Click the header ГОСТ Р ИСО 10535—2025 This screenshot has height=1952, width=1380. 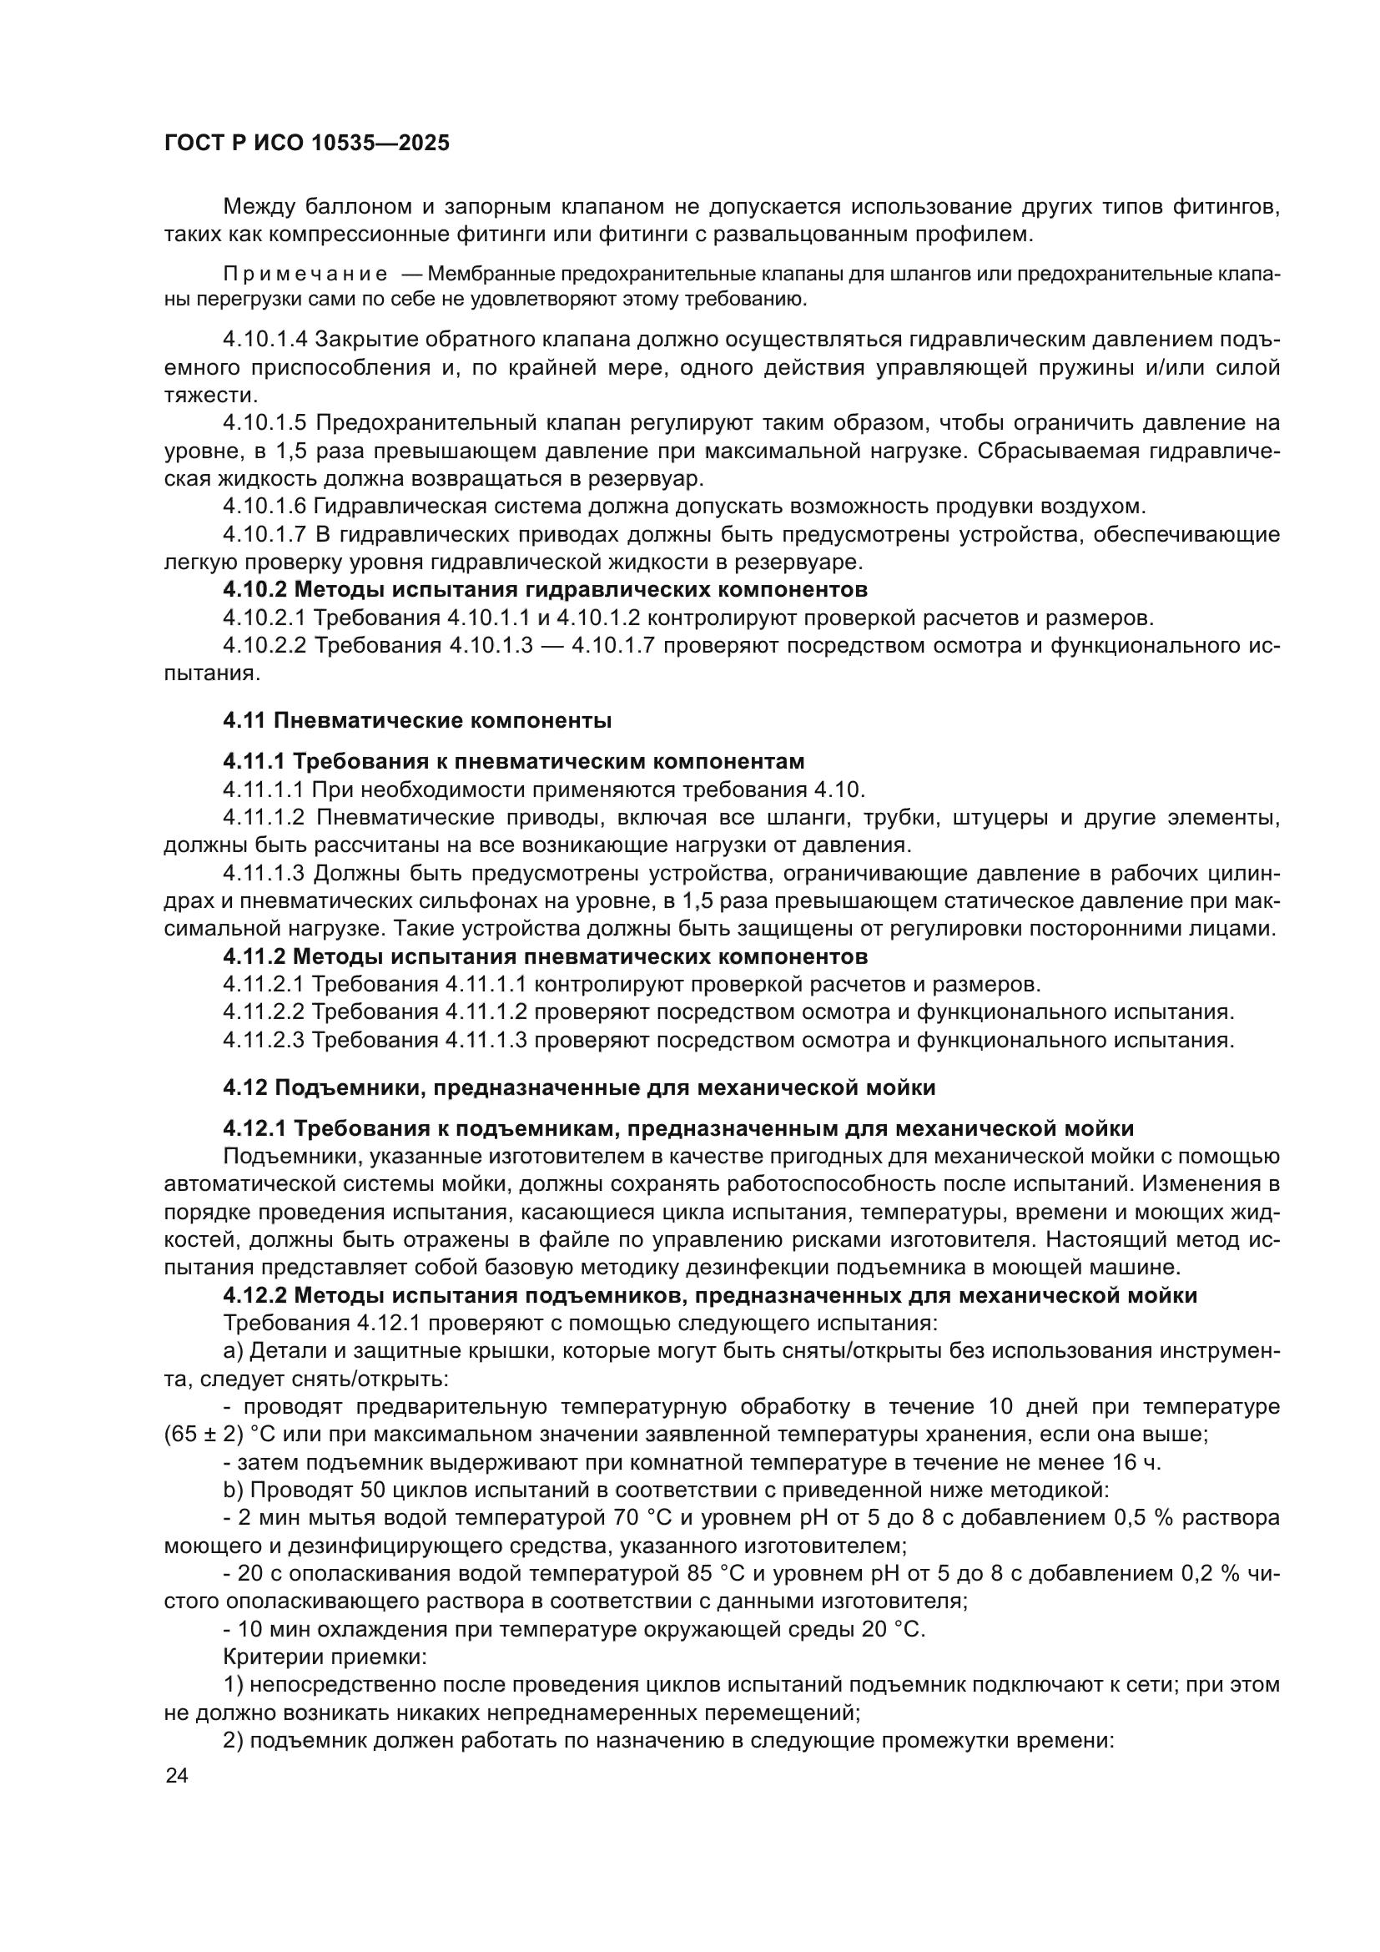(307, 144)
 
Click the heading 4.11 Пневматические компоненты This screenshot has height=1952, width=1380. (417, 721)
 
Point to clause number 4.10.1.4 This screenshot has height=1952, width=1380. (265, 340)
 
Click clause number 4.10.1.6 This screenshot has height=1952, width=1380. (265, 507)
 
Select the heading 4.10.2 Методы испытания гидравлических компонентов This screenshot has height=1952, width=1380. (545, 590)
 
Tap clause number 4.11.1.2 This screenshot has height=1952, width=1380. (264, 818)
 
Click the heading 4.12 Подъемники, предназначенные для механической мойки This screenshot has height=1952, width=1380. (580, 1088)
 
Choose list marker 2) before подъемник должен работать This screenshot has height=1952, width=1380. (233, 1740)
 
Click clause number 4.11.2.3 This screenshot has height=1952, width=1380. (264, 1041)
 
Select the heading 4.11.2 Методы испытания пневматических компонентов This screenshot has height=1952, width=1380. (545, 957)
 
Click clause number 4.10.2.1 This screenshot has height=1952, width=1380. (265, 618)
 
